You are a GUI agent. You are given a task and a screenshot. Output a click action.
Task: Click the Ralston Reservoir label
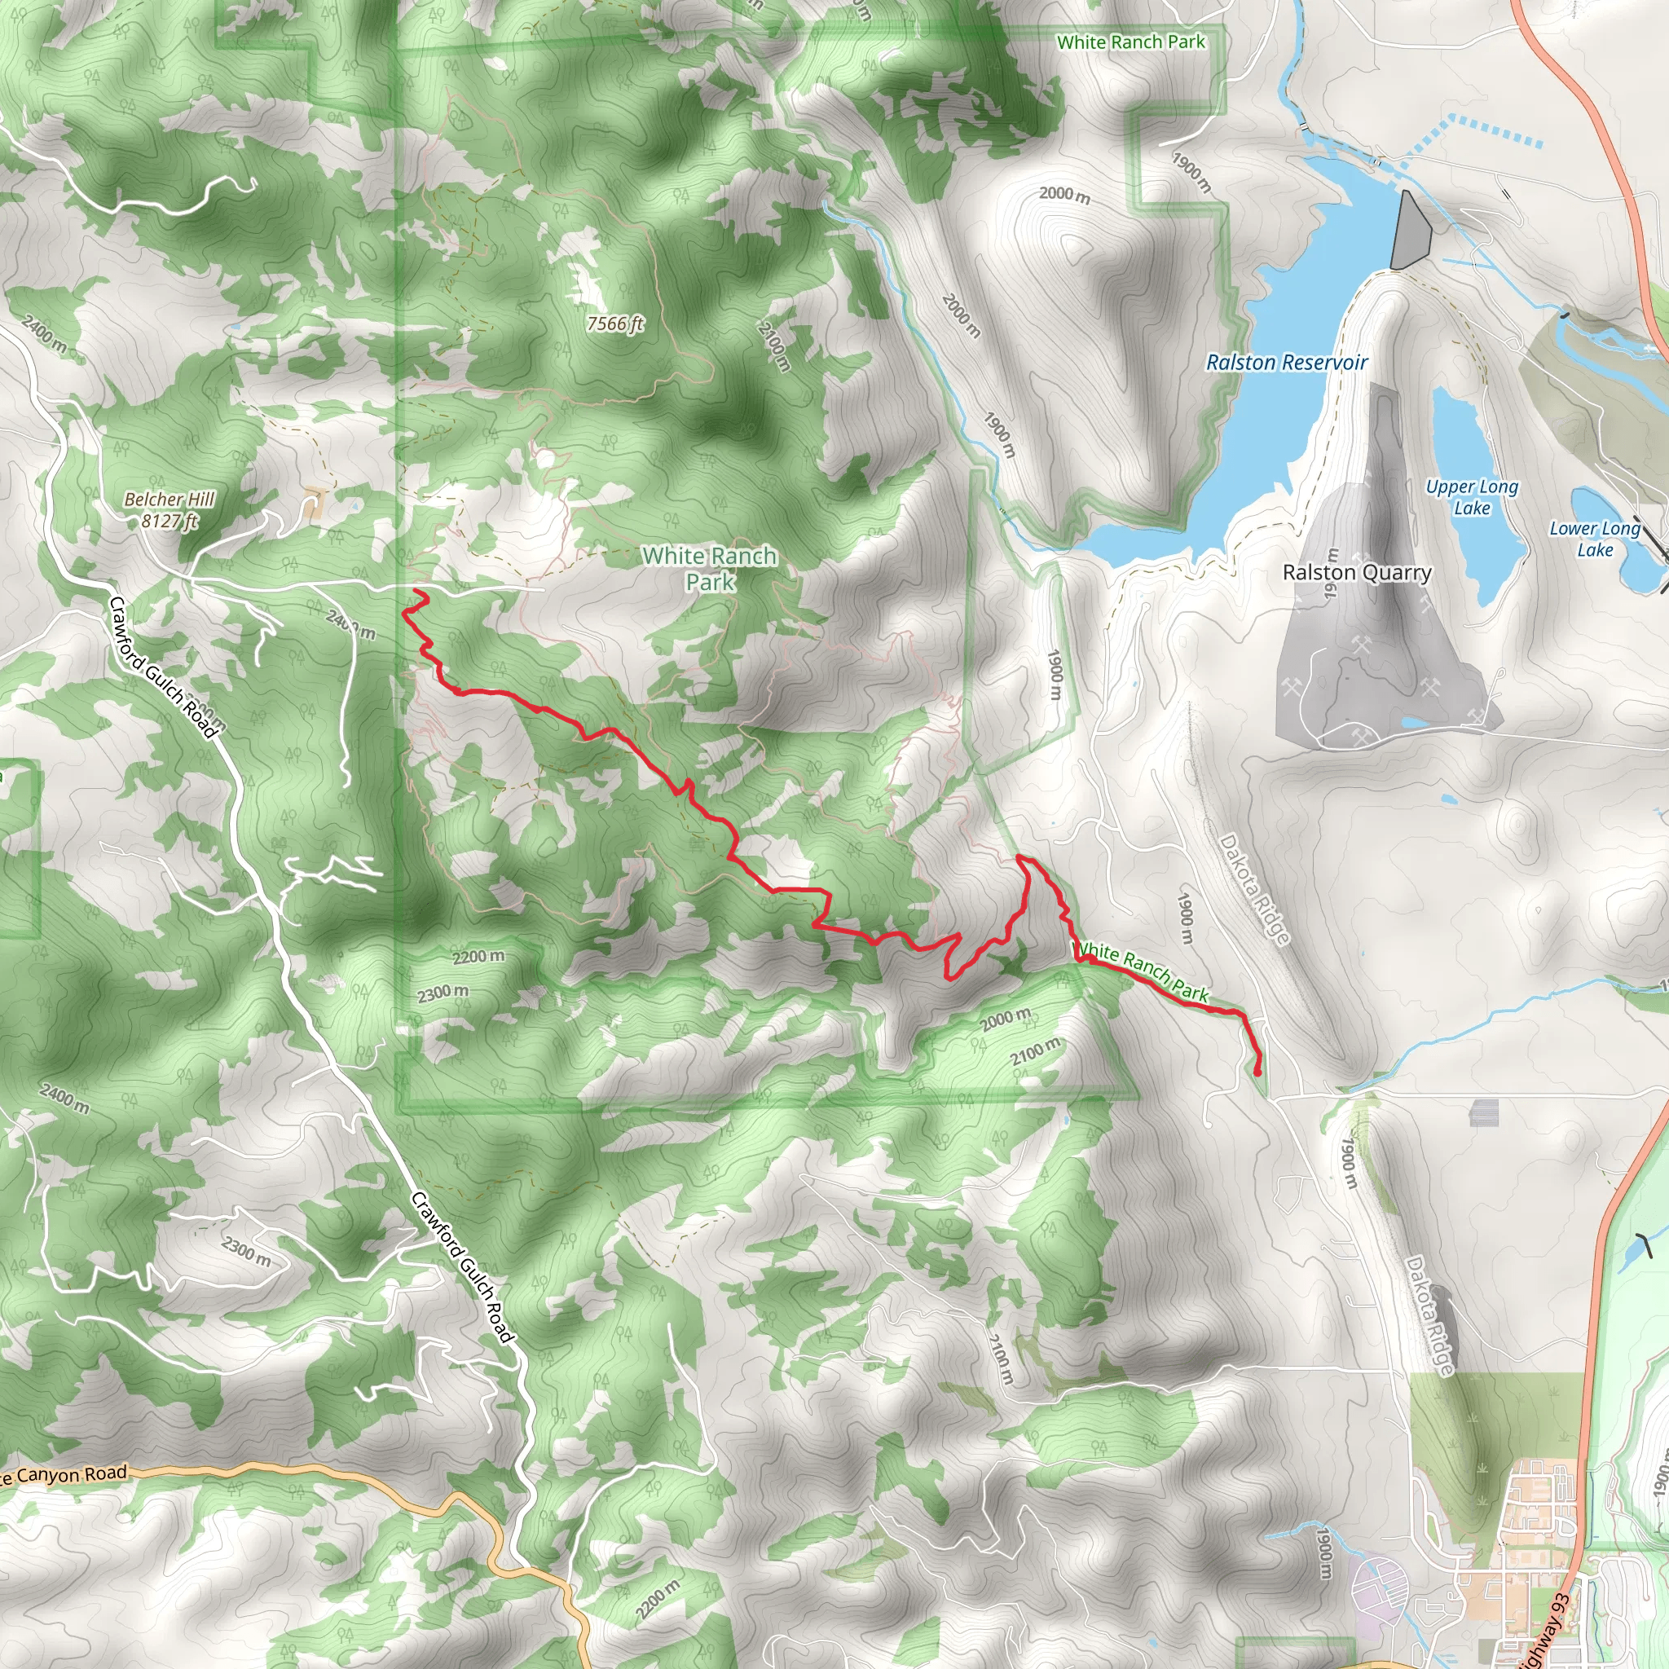(1286, 362)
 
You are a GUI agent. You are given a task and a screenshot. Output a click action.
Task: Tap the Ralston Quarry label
(1356, 573)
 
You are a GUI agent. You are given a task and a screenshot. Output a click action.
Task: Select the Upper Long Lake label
(1471, 497)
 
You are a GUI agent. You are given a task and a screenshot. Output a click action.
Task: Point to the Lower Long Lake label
(1594, 538)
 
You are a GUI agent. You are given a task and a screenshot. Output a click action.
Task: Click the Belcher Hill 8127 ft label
(170, 509)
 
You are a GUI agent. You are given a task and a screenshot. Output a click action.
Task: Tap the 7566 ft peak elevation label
(615, 324)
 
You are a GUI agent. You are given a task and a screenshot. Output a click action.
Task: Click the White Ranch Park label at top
(1130, 42)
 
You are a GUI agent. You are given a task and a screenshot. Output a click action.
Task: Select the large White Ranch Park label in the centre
(709, 569)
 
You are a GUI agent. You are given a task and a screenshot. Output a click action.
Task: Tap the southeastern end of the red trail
(1257, 1072)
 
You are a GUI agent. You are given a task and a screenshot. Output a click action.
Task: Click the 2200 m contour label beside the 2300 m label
(478, 956)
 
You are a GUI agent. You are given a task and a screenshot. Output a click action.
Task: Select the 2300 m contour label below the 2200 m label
(443, 993)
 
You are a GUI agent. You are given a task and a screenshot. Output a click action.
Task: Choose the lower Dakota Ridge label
(1429, 1315)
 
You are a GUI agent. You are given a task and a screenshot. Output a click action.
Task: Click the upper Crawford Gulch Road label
(163, 667)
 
